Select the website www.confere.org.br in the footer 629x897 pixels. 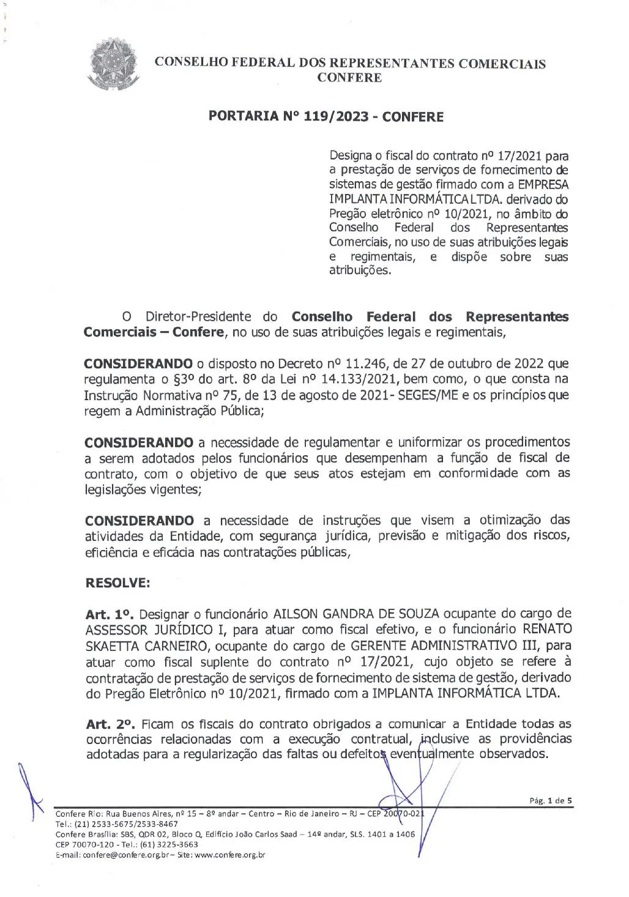click(x=229, y=855)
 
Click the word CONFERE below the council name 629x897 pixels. click(x=349, y=78)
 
